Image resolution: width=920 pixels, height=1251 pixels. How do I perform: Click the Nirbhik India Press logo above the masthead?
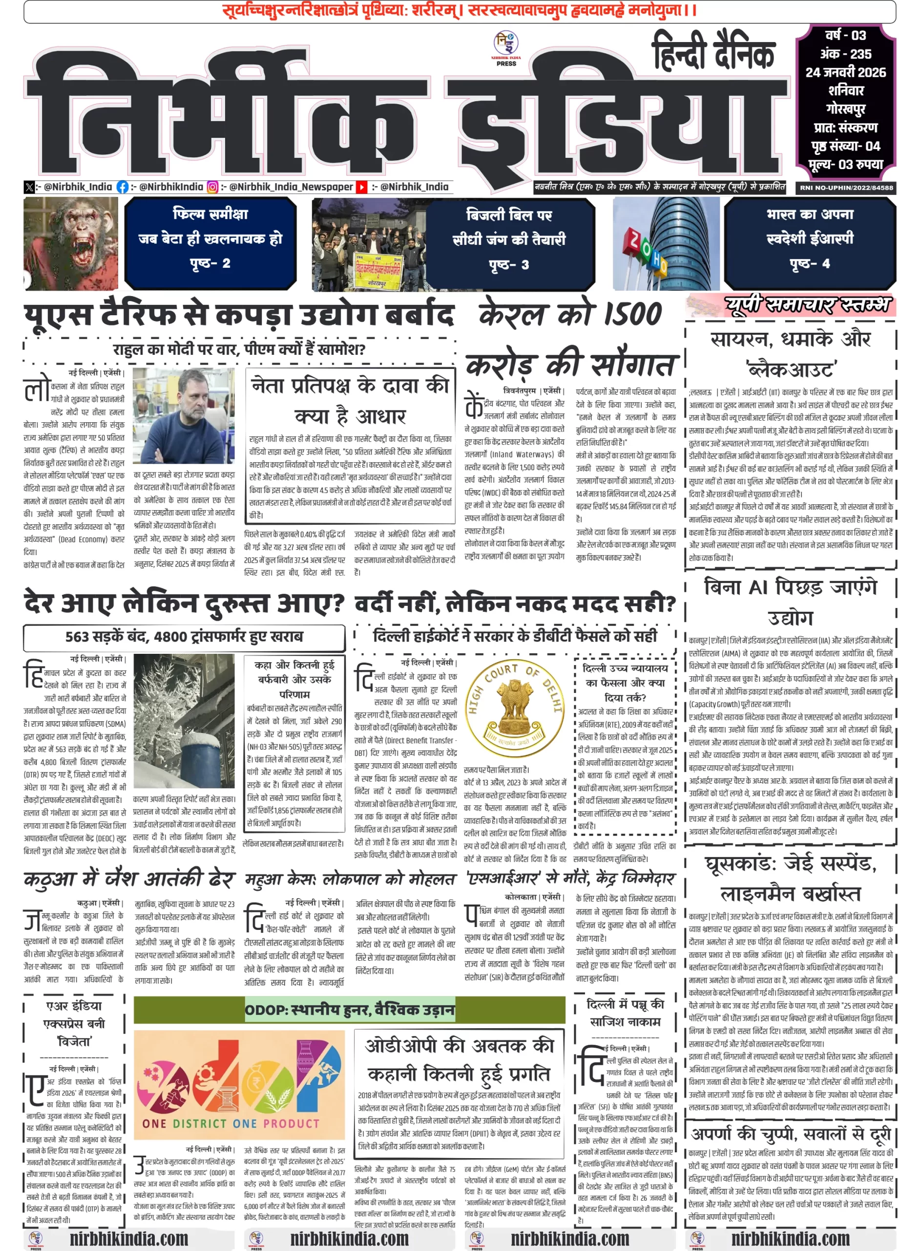click(x=506, y=47)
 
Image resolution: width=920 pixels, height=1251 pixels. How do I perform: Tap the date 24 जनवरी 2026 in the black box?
click(x=845, y=72)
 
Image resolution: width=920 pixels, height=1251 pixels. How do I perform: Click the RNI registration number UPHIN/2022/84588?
click(x=846, y=188)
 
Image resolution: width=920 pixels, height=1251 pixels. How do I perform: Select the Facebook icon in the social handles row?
click(x=123, y=187)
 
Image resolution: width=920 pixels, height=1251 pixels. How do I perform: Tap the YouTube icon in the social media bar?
click(x=362, y=187)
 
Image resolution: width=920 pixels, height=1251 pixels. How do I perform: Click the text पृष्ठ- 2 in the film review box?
click(x=210, y=263)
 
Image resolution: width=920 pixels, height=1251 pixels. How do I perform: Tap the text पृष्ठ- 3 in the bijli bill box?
click(x=509, y=264)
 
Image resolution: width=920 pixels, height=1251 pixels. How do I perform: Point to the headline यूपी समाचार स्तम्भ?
click(x=808, y=305)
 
